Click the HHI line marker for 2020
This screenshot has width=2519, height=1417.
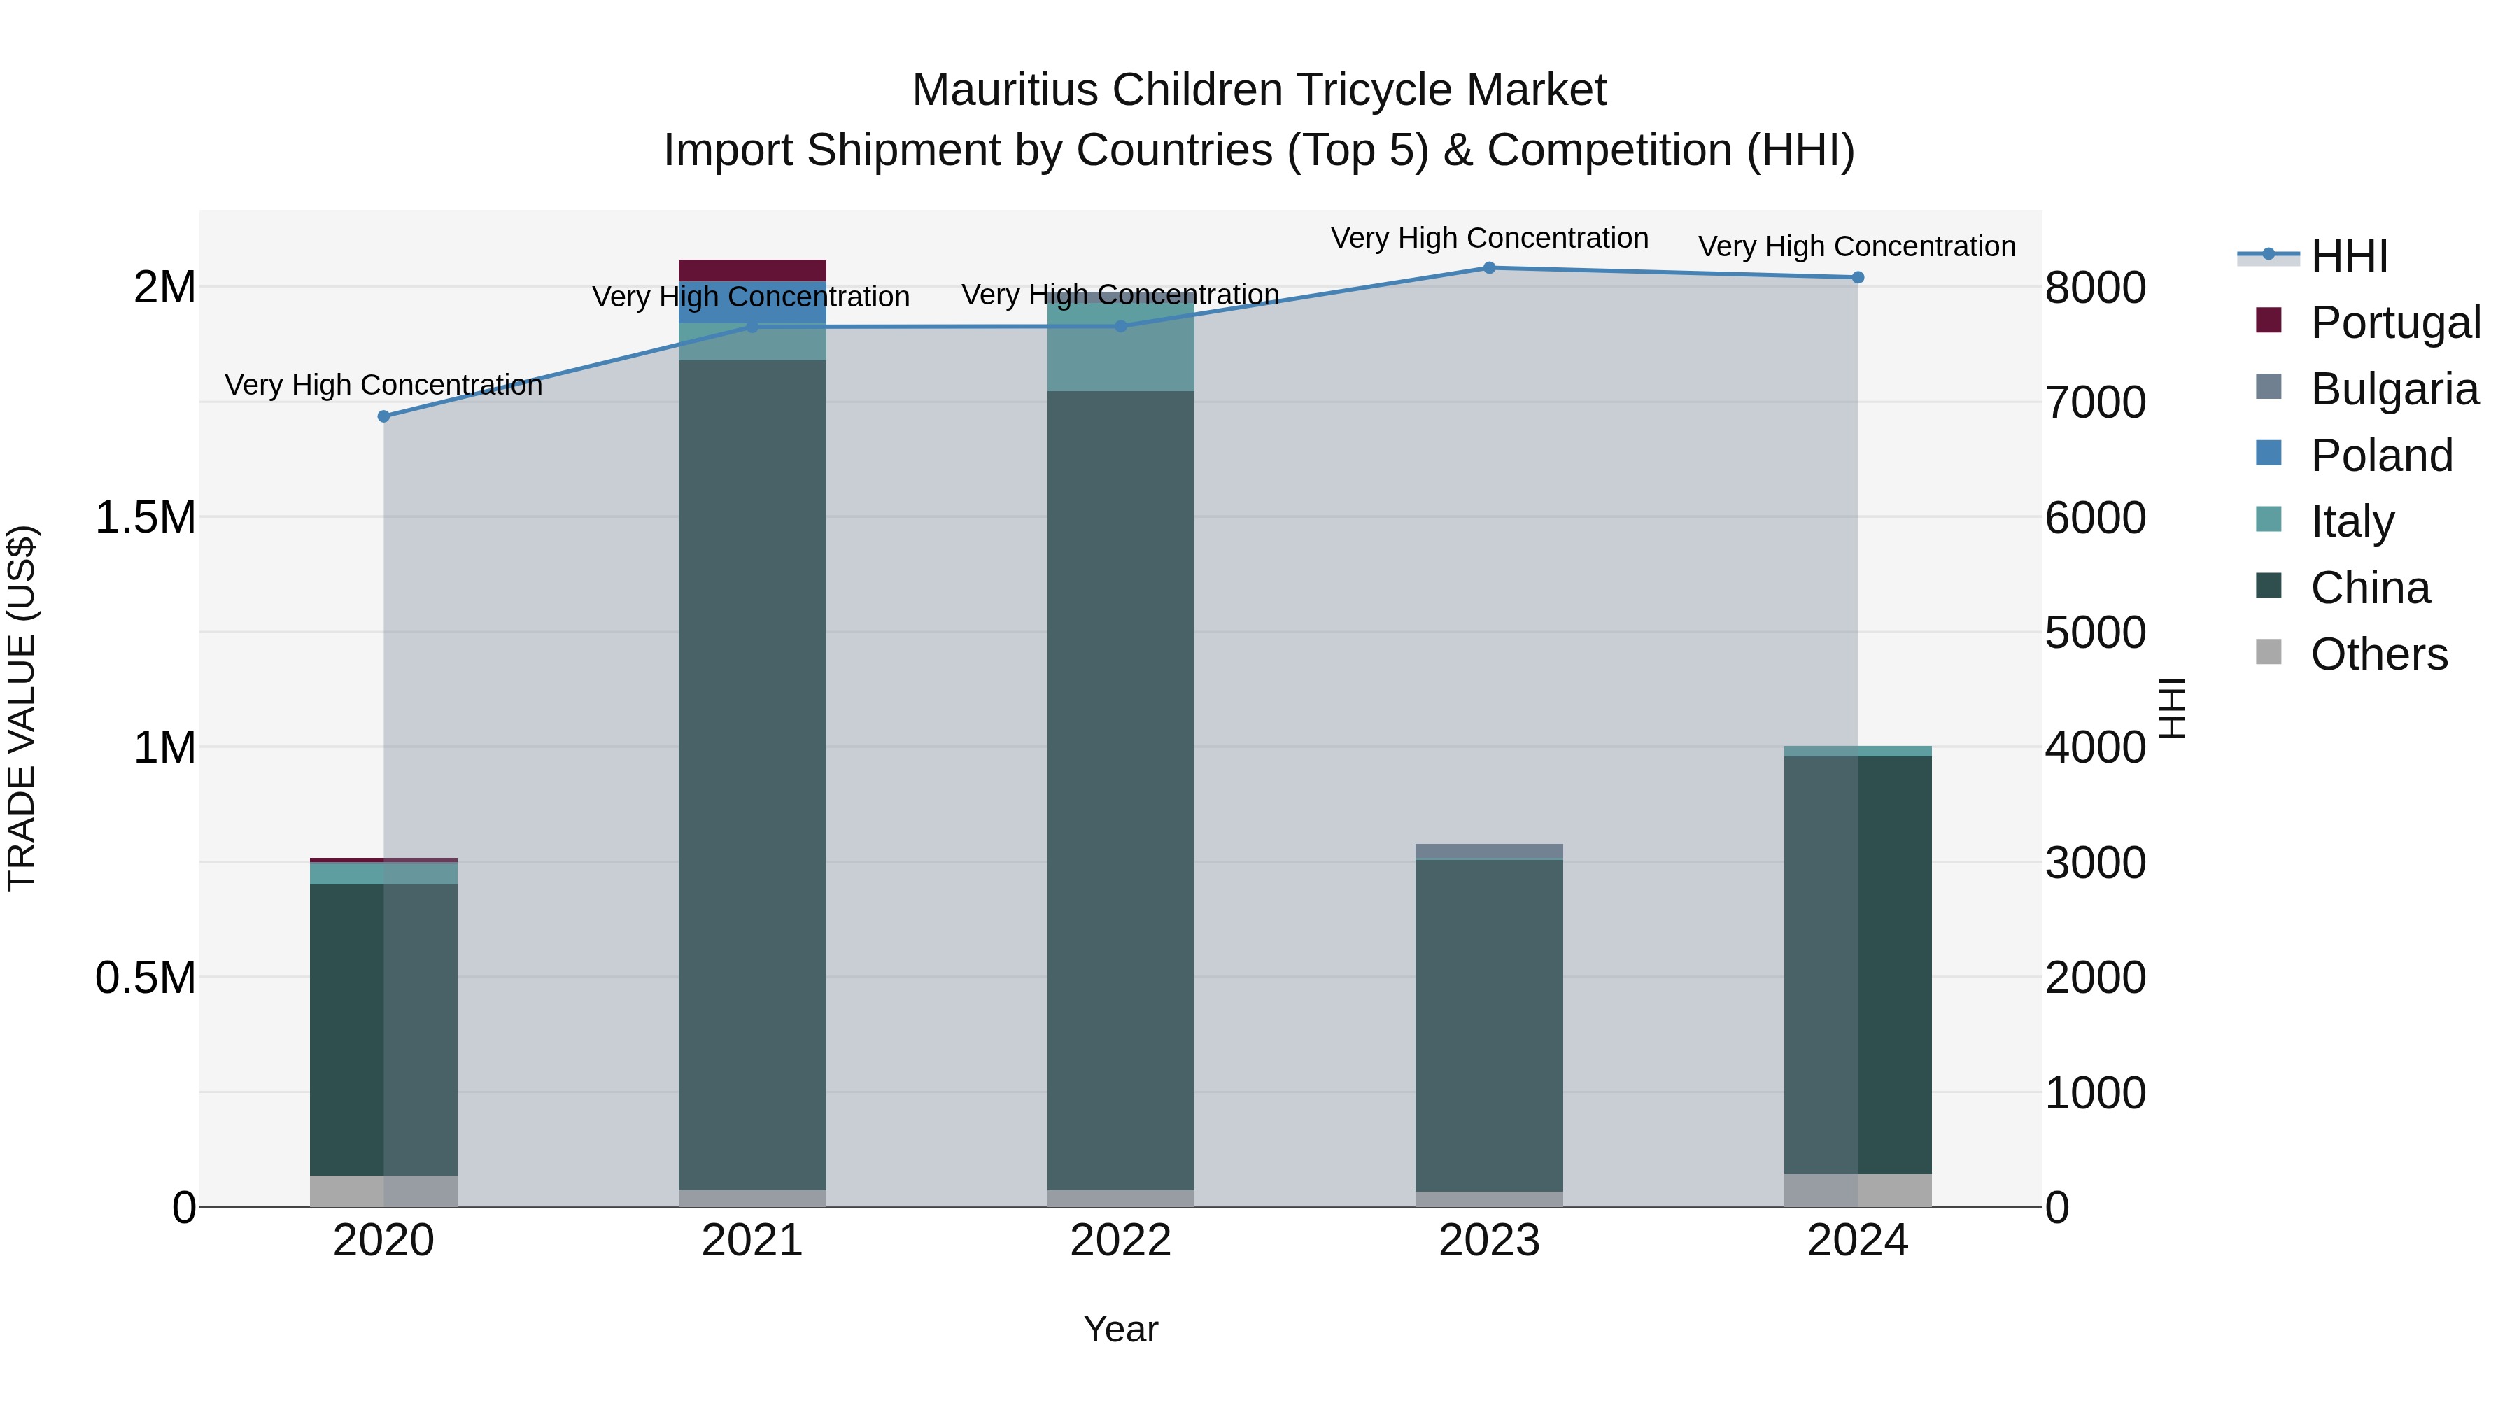pos(383,416)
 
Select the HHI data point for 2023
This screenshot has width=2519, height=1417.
pos(1489,268)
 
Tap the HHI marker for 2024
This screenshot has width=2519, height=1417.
pos(1858,278)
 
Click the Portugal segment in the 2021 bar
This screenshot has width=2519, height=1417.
pos(752,270)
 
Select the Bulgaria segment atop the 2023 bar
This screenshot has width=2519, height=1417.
pos(1489,851)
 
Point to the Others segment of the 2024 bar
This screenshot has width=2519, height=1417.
pos(1858,1190)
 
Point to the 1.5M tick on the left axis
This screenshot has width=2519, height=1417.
pos(146,517)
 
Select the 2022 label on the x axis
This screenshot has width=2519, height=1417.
pos(1121,1241)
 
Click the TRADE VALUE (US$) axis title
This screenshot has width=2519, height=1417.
pos(22,708)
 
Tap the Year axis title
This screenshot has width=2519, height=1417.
pos(1121,1329)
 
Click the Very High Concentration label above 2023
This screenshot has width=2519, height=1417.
pos(1489,238)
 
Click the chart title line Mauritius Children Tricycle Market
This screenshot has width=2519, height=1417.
pos(1259,90)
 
